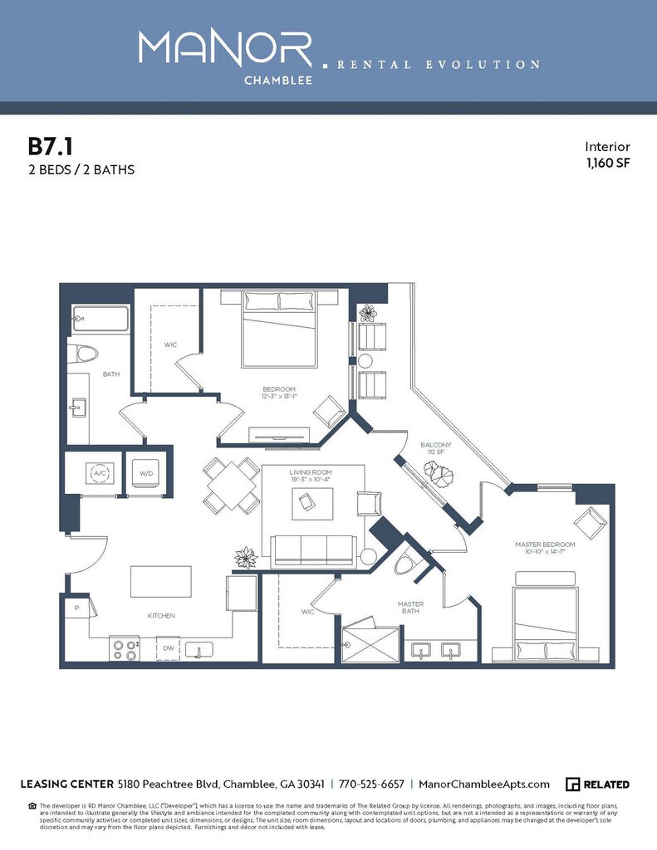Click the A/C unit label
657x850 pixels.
(100, 473)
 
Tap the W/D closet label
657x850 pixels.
(146, 473)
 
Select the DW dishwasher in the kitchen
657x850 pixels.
(169, 648)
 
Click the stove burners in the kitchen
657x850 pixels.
(125, 647)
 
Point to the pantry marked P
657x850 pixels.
(76, 608)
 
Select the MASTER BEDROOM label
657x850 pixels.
(545, 545)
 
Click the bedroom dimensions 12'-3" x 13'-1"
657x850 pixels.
(279, 398)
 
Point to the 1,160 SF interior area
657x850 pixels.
(609, 163)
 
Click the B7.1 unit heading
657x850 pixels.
(51, 147)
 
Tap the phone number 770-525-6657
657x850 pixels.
(372, 784)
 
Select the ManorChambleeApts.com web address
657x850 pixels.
(484, 784)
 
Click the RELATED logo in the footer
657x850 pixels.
(597, 784)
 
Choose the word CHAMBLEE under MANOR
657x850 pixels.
(278, 81)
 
